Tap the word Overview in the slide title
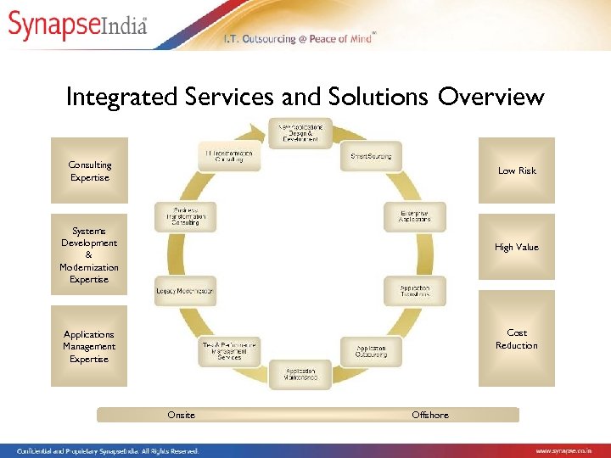click(x=490, y=97)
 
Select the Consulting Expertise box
click(x=89, y=170)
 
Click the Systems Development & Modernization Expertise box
click(x=89, y=254)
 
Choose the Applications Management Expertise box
click(x=89, y=347)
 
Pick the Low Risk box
click(x=516, y=170)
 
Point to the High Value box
click(x=516, y=247)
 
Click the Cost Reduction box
click(x=516, y=339)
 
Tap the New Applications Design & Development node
click(x=300, y=133)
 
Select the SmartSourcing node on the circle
click(x=372, y=156)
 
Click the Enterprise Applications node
click(x=414, y=215)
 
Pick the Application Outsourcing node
click(x=371, y=350)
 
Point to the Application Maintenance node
click(x=300, y=374)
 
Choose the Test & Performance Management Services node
click(x=229, y=351)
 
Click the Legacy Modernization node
click(x=185, y=291)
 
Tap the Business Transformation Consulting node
click(x=186, y=216)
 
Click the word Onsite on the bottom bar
click(x=181, y=415)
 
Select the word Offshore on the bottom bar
click(x=429, y=415)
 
